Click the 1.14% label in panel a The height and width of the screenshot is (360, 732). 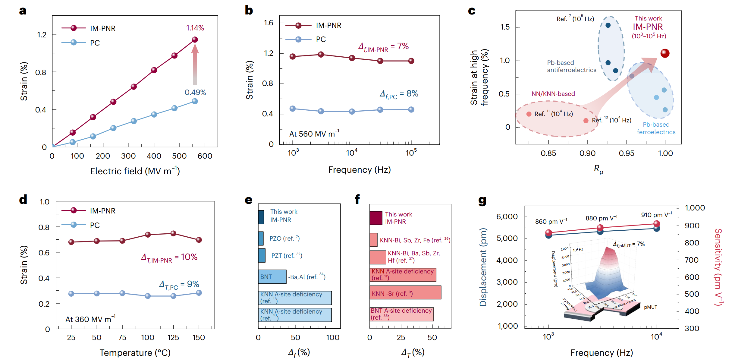(x=195, y=28)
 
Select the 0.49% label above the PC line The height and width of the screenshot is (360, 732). (x=195, y=93)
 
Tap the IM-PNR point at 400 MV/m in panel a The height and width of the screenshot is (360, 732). (x=154, y=70)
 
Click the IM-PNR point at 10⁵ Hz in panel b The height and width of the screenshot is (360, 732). (x=411, y=61)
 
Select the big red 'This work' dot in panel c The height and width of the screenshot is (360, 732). (x=665, y=53)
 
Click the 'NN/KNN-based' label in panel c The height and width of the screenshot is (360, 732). (x=553, y=94)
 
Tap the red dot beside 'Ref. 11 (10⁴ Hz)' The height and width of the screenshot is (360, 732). (x=529, y=114)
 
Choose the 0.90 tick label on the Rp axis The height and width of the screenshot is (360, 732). (x=587, y=153)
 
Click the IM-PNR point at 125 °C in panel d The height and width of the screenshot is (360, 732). (x=173, y=233)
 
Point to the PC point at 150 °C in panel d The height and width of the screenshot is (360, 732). (x=199, y=293)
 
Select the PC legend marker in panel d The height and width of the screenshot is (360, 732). (x=74, y=225)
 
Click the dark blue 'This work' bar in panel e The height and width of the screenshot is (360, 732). (x=261, y=217)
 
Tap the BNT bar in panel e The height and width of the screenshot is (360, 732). (x=272, y=276)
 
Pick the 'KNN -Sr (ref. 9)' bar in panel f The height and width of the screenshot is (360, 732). (x=405, y=292)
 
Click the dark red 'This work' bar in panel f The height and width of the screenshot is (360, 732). (x=376, y=218)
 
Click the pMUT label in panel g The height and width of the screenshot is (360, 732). (x=650, y=307)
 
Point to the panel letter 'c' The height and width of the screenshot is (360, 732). (x=472, y=11)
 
